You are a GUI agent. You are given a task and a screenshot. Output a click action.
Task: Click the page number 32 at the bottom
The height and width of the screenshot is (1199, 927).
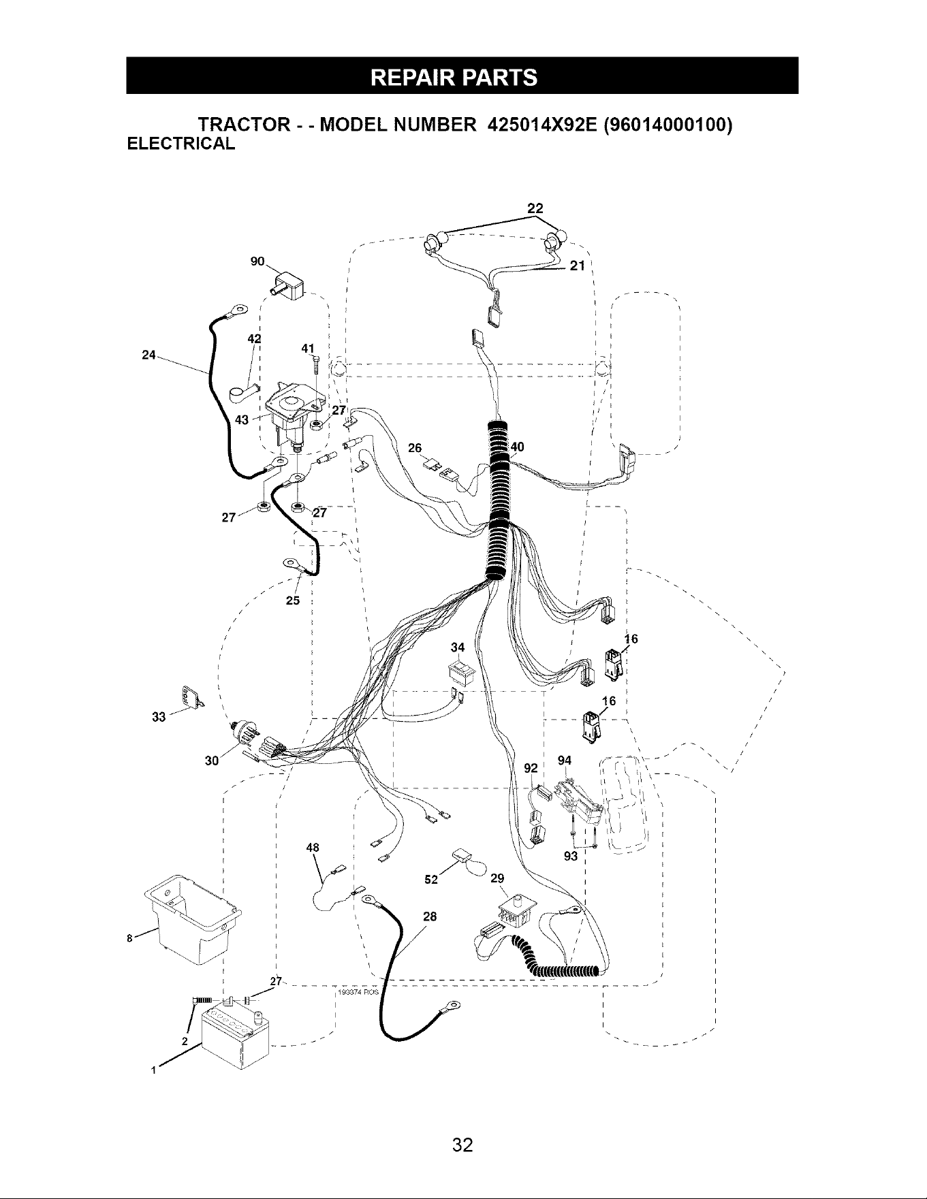(x=462, y=1145)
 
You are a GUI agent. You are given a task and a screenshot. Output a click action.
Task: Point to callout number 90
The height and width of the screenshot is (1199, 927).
(x=258, y=261)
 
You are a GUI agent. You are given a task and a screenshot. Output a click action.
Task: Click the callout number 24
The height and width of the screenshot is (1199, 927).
(x=148, y=355)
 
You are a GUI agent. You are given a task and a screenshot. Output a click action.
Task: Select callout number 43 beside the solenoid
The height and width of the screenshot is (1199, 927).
(x=242, y=419)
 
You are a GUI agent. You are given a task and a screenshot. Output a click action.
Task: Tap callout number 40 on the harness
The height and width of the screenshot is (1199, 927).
(x=517, y=447)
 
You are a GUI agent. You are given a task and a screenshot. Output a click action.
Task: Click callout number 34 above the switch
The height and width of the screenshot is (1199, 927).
(x=458, y=646)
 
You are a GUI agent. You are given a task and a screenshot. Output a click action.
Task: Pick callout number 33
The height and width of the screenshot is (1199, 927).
(x=159, y=717)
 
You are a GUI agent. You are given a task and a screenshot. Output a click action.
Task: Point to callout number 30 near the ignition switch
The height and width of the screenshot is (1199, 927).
(x=211, y=761)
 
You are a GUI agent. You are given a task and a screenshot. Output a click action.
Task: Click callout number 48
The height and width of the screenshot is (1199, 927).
(x=313, y=848)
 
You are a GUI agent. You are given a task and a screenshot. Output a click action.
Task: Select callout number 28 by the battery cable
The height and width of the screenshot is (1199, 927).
(x=429, y=916)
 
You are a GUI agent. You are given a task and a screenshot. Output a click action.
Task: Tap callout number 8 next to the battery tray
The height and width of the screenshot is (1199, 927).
(x=129, y=939)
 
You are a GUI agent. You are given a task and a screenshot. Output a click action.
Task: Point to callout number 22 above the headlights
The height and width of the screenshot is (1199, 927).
(x=535, y=208)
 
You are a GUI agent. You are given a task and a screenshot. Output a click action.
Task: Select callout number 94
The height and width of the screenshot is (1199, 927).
(x=564, y=761)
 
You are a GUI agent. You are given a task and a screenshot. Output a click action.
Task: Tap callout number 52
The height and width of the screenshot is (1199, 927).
(x=430, y=879)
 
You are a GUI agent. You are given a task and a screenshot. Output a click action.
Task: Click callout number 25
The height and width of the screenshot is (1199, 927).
(x=292, y=601)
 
